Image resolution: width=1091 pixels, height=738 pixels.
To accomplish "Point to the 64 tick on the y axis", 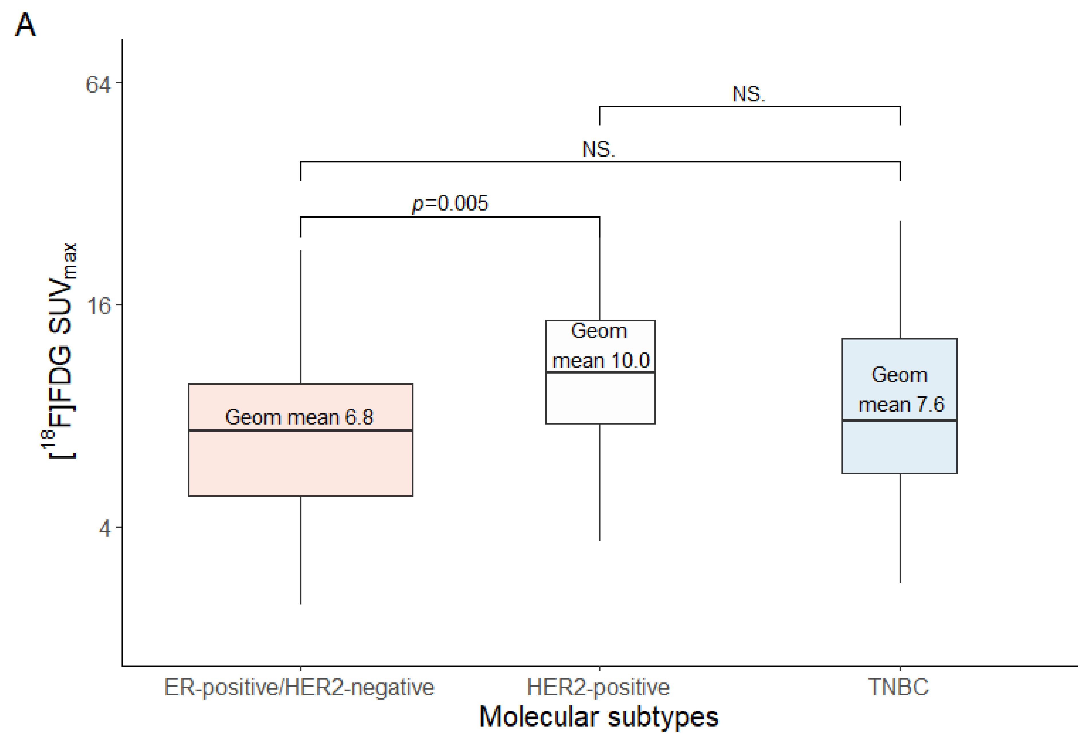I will coord(98,85).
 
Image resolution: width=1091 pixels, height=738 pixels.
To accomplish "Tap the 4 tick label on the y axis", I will coord(104,529).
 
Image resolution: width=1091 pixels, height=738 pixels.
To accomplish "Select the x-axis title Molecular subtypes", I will coord(599,717).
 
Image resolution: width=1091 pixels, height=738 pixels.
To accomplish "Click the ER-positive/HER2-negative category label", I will coord(299,687).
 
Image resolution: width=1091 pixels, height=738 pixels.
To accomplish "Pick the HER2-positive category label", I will coord(598,687).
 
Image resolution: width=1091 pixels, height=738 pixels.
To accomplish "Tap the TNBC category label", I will coord(898,687).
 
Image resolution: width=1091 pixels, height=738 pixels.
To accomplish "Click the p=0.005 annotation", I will coord(450,204).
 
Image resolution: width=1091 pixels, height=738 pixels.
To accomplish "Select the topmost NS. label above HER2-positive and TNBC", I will coord(748,94).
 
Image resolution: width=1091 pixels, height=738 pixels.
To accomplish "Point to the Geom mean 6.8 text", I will coord(299,417).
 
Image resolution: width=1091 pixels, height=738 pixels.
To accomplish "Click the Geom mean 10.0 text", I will coord(600,346).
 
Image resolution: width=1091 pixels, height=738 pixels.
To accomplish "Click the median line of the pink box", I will coord(301,430).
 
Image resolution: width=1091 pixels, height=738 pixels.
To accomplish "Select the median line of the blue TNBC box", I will coord(899,420).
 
